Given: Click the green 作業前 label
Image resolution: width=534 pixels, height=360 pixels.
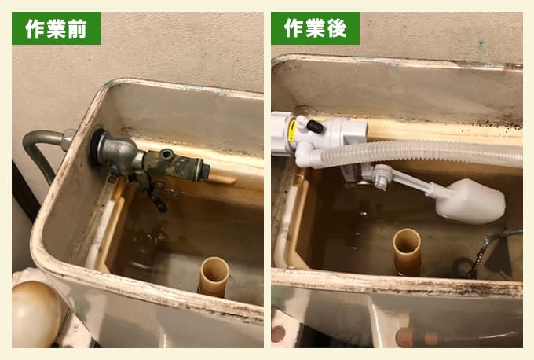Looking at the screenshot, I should tap(56, 28).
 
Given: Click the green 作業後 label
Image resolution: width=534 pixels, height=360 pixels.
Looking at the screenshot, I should tap(315, 28).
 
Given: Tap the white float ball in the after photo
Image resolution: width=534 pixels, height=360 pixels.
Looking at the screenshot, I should tap(470, 202).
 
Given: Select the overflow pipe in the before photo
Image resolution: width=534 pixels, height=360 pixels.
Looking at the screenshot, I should tap(213, 275).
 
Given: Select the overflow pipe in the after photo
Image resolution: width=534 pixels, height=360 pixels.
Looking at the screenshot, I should tap(407, 251).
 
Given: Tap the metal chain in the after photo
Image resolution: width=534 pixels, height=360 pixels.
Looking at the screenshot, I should tap(481, 252).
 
